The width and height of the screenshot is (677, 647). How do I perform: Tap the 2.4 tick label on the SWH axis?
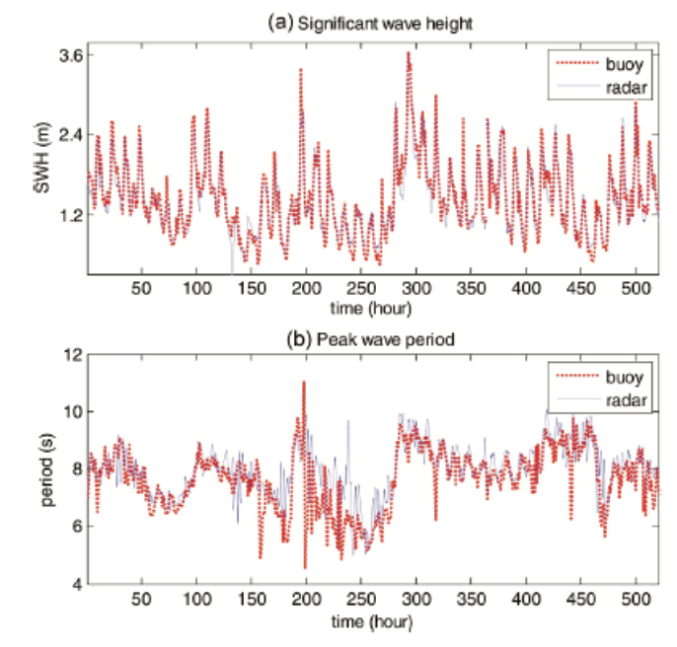click(x=68, y=134)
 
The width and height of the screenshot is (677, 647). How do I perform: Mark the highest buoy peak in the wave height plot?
click(x=408, y=53)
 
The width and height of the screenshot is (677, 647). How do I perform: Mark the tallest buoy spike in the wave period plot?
click(x=304, y=382)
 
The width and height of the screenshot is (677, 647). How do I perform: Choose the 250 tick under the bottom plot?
click(x=361, y=599)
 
